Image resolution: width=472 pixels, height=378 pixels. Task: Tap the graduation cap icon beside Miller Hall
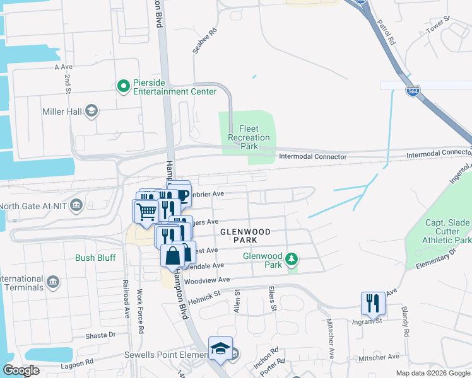pyautogui.click(x=92, y=112)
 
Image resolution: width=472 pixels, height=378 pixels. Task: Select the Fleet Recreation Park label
pyautogui.click(x=249, y=137)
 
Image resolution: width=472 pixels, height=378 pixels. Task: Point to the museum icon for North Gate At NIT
pyautogui.click(x=77, y=205)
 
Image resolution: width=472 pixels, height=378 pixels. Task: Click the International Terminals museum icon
pyautogui.click(x=53, y=279)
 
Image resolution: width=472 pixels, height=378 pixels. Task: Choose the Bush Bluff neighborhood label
pyautogui.click(x=94, y=257)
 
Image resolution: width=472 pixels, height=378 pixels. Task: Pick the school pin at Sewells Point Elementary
pyautogui.click(x=220, y=348)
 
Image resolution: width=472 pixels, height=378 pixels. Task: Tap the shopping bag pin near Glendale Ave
pyautogui.click(x=172, y=256)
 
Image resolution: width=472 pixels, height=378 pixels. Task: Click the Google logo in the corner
pyautogui.click(x=21, y=370)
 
